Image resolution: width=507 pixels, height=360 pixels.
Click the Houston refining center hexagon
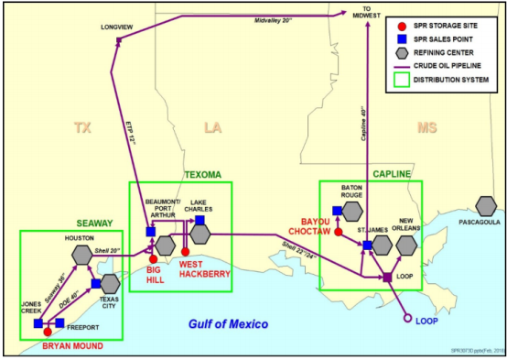pos(81,254)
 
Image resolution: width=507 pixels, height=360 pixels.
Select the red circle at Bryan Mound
pos(48,332)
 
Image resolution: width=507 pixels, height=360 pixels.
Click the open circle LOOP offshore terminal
pos(408,319)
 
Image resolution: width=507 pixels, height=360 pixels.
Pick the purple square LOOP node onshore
pos(387,277)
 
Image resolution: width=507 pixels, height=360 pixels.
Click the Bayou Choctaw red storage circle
pos(339,232)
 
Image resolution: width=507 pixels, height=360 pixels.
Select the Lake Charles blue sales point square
pos(200,220)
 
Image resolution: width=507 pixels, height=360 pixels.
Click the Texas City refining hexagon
pos(110,283)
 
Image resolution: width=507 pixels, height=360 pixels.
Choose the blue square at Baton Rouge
pos(338,210)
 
